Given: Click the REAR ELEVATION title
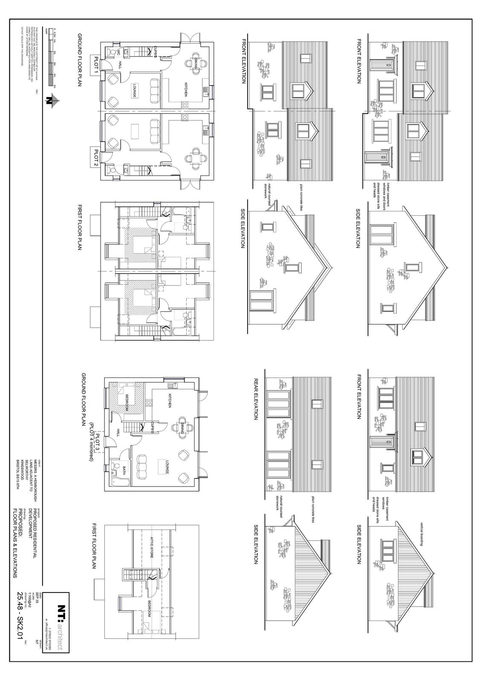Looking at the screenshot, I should point(256,399).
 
